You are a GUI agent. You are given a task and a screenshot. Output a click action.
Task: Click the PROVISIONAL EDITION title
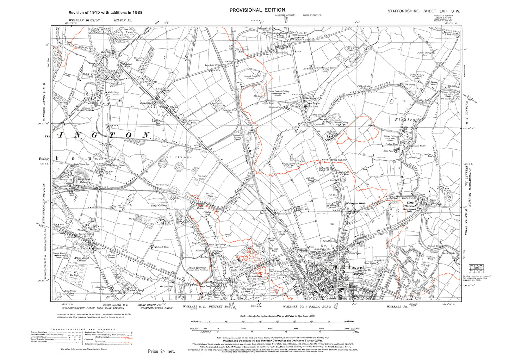tap(257, 10)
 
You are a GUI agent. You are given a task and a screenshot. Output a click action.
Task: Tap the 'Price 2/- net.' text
tap(161, 351)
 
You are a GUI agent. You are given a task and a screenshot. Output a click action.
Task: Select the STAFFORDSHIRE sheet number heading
tap(424, 11)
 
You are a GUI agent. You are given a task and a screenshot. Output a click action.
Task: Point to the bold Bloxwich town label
tap(356, 268)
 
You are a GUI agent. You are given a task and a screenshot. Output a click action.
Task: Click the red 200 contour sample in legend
tap(122, 337)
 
